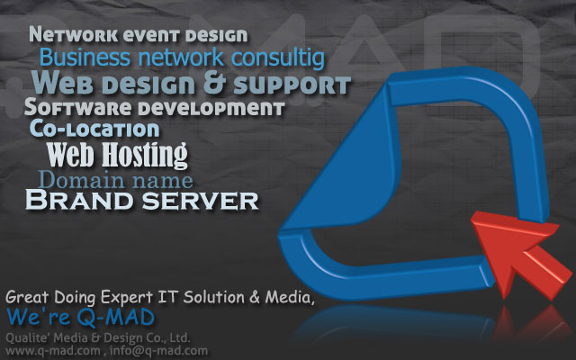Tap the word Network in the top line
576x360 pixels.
pos(74,35)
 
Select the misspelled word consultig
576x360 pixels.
pos(278,58)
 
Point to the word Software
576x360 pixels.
pos(78,107)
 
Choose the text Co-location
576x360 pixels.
pos(94,129)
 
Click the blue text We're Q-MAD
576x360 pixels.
pos(80,317)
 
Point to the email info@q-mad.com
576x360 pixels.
pos(158,350)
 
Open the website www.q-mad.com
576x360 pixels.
pos(52,350)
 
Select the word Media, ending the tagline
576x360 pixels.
pos(290,297)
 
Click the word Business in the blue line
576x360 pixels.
pos(85,58)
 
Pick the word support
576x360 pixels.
pos(292,85)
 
